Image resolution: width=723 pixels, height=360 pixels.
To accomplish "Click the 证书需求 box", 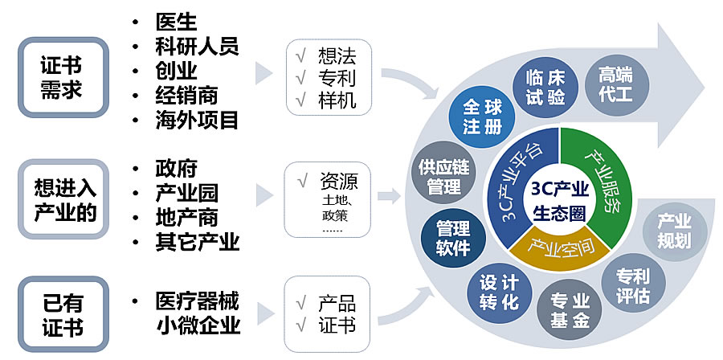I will [62, 77].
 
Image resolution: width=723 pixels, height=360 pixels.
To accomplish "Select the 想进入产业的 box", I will [62, 199].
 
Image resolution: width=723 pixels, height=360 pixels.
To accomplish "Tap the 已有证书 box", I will [62, 315].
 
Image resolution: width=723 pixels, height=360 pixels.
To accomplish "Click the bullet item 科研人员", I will [196, 46].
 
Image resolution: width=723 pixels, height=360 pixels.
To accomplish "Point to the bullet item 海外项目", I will [196, 121].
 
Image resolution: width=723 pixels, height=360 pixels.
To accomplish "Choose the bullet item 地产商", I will [186, 217].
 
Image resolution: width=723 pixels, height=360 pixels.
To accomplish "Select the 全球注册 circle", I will [482, 117].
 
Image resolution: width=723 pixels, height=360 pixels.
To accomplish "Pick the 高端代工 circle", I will [615, 85].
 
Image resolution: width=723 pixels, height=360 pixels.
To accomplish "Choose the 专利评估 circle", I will [633, 284].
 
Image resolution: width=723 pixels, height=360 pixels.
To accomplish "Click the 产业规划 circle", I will [674, 231].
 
